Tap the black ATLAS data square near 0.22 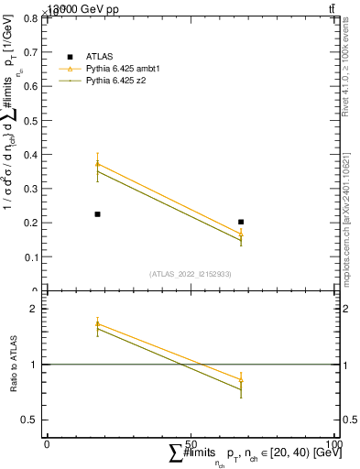tap(97, 214)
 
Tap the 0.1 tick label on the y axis tap(32, 256)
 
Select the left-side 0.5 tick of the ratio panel tap(32, 420)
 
